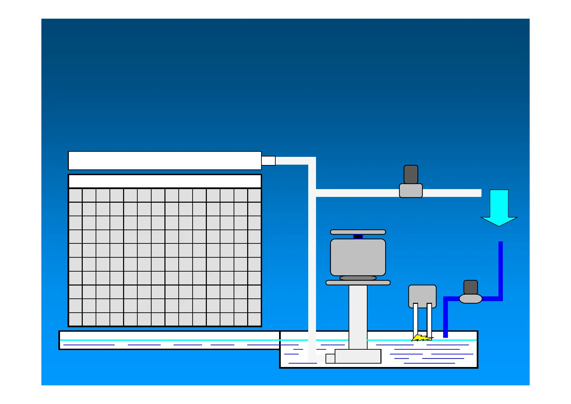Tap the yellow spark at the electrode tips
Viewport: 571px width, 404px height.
[x=421, y=338]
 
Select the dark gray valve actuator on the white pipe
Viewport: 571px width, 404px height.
[x=411, y=175]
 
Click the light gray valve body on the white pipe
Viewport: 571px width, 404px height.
[x=411, y=190]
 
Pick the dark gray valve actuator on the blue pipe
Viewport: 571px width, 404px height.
[x=470, y=287]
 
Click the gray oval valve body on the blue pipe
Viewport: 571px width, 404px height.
[x=470, y=299]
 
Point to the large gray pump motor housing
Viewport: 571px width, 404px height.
[x=358, y=257]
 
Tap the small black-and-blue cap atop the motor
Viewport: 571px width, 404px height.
[x=358, y=237]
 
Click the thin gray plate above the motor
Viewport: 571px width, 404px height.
[x=358, y=232]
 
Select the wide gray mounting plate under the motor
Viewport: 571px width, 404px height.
[x=358, y=282]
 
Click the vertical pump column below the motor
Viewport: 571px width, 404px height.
[x=358, y=316]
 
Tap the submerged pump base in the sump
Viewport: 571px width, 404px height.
[x=358, y=356]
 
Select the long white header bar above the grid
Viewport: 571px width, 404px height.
[x=165, y=161]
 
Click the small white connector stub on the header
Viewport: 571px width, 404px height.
[x=268, y=161]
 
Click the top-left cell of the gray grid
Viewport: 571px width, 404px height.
[x=75, y=196]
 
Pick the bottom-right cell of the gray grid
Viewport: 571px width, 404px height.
[x=254, y=319]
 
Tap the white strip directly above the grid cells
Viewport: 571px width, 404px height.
[x=165, y=181]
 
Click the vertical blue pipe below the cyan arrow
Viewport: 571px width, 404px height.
[x=500, y=268]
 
